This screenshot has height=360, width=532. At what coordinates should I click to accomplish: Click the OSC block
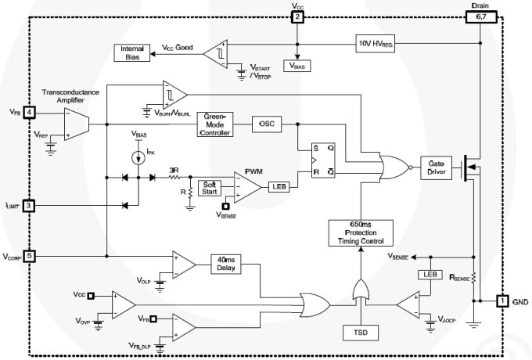(267, 124)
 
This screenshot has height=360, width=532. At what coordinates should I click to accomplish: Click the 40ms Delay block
(225, 265)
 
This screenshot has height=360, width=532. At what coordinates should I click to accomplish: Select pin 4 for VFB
(28, 112)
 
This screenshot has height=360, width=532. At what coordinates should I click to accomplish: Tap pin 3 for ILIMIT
(28, 205)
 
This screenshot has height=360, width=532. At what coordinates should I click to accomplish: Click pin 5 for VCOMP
(28, 256)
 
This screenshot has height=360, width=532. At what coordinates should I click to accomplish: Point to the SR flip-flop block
(314, 160)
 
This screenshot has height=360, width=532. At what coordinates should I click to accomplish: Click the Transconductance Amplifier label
(71, 95)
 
